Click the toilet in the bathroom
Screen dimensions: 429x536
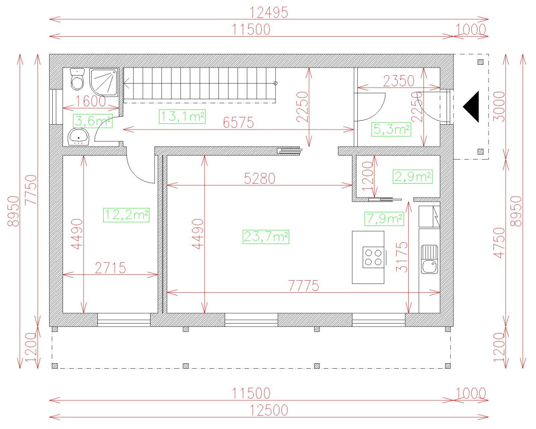[x=78, y=80]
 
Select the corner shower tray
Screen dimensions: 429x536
[x=104, y=82]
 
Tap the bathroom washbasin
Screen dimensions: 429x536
[x=79, y=136]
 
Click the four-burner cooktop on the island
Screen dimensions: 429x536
[x=373, y=257]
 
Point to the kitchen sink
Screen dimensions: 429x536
[x=430, y=260]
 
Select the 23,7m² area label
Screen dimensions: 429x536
[x=266, y=236]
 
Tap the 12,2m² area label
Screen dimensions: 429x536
[x=126, y=215]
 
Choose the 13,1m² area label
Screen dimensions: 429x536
[x=182, y=117]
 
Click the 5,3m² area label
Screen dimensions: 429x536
[x=391, y=130]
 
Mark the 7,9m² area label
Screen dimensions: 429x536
[x=384, y=219]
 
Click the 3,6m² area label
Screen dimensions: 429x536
[x=92, y=120]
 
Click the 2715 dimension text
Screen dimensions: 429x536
[x=110, y=268]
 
